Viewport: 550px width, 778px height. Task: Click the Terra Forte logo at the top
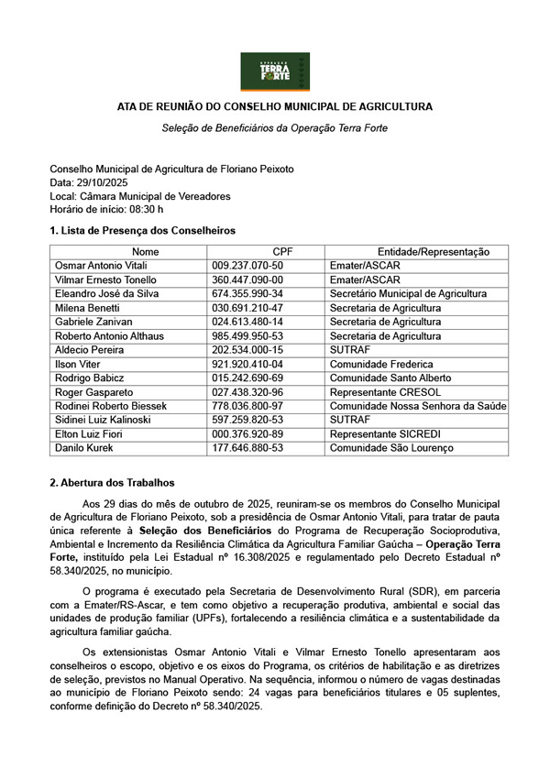(275, 71)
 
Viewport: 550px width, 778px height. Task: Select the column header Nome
(145, 252)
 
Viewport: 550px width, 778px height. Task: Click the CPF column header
(282, 252)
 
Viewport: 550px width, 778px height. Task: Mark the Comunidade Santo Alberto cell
(390, 378)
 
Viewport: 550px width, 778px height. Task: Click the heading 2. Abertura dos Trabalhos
(112, 482)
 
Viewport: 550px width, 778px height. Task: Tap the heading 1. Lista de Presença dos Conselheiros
(129, 230)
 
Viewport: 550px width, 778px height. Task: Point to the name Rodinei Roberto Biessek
(112, 406)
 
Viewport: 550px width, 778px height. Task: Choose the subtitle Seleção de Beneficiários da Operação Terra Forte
(274, 128)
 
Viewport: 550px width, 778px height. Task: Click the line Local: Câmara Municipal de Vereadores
(140, 196)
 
